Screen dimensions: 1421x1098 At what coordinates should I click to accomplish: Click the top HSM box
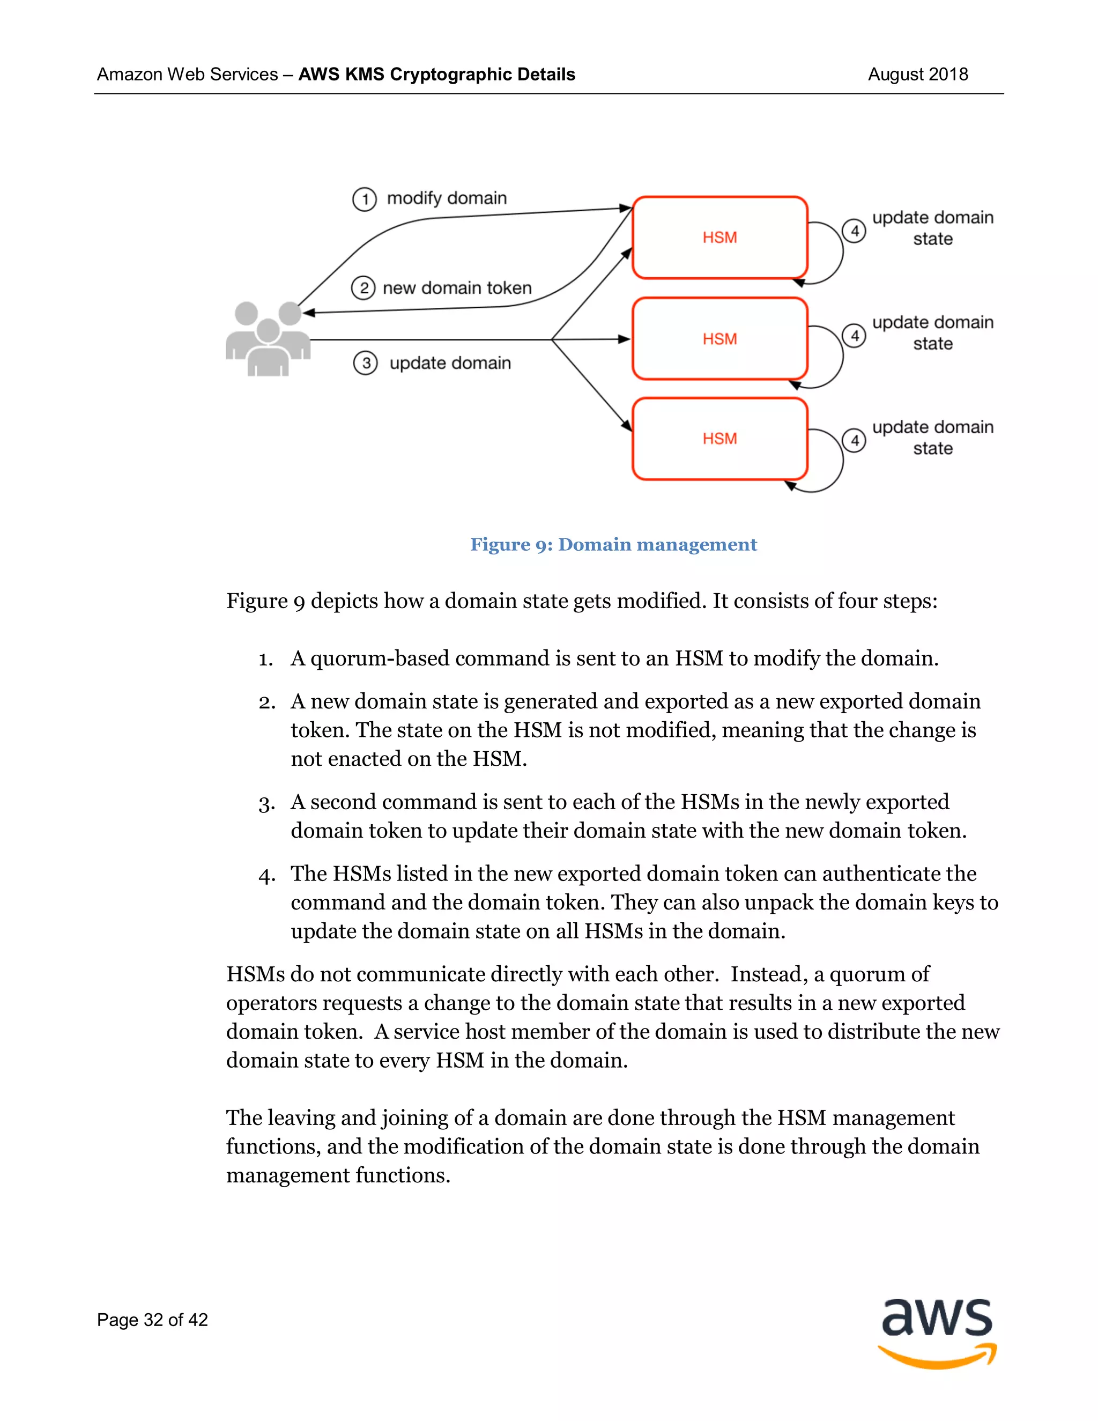719,238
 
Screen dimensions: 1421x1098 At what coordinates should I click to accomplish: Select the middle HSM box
719,338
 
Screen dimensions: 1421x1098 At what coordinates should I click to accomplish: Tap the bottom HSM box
719,439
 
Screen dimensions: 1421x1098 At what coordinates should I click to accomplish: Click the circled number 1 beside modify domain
364,199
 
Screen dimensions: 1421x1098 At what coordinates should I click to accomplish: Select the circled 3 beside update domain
366,363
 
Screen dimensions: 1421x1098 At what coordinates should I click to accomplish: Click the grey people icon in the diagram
268,339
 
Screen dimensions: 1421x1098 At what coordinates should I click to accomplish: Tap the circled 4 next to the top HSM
854,231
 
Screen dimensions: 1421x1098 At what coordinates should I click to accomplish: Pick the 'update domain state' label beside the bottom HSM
932,437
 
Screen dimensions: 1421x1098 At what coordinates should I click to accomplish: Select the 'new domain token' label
457,287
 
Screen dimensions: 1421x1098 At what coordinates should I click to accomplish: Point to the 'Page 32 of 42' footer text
152,1320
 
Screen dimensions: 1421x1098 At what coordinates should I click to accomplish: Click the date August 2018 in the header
917,74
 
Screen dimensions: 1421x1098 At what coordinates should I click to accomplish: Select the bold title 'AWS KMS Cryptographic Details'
436,74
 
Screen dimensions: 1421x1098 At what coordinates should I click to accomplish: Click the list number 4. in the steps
266,875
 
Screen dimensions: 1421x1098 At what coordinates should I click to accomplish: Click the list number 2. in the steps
266,702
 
